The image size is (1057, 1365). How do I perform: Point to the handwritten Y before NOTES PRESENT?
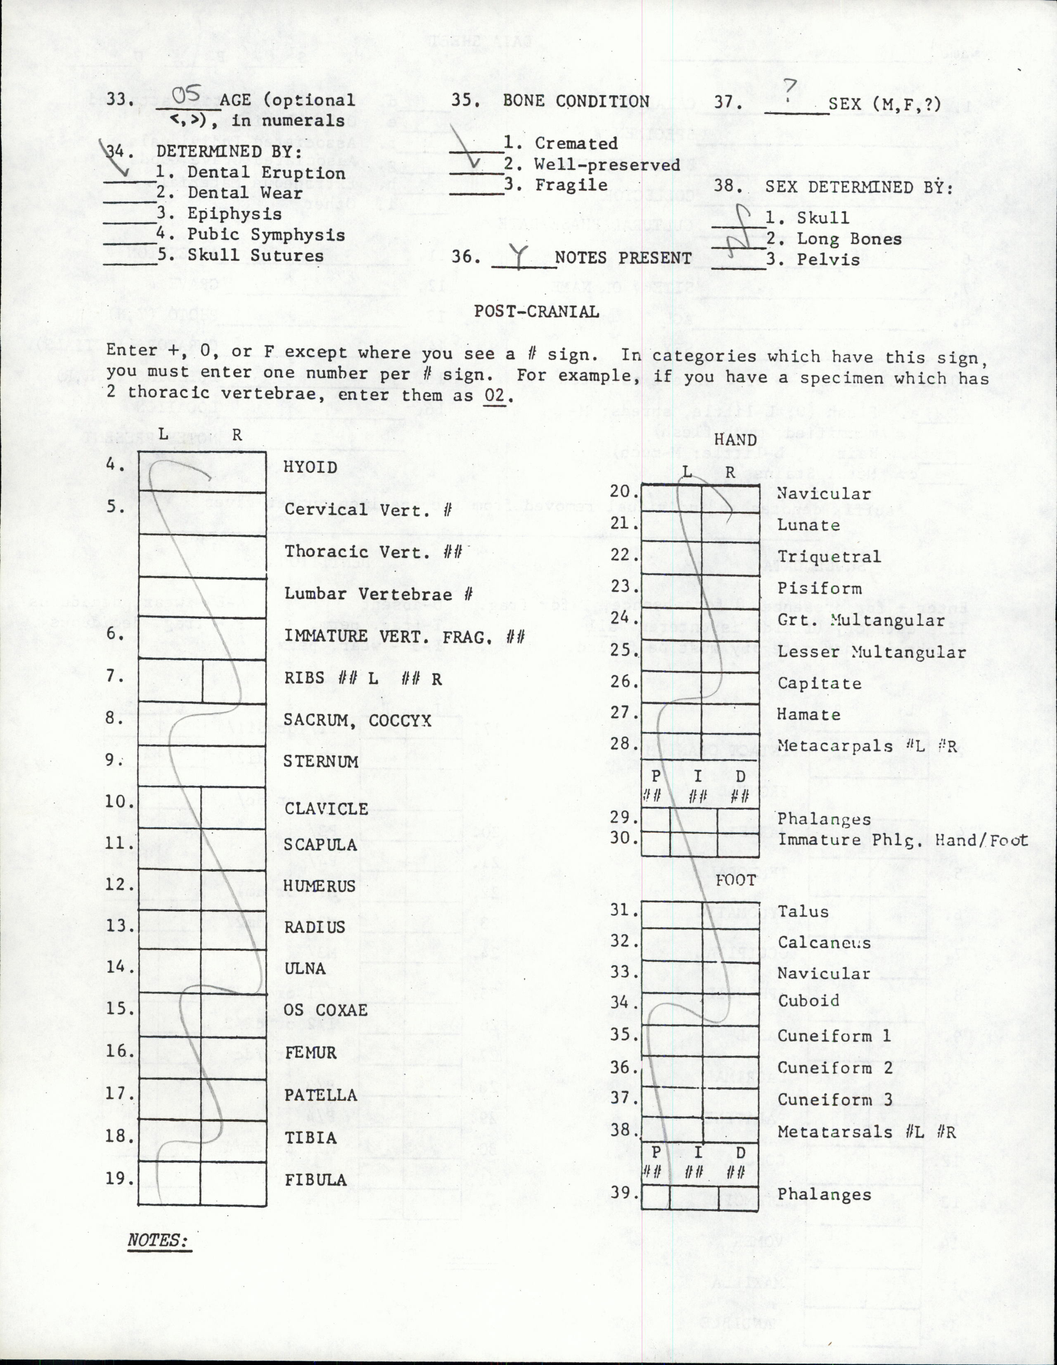(518, 256)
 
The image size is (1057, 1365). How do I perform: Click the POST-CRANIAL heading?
(536, 311)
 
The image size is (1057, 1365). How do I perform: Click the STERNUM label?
(320, 761)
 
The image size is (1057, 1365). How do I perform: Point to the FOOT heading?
(735, 880)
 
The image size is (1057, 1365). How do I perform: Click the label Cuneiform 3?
(834, 1099)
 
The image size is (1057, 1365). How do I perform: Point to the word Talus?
(803, 912)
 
